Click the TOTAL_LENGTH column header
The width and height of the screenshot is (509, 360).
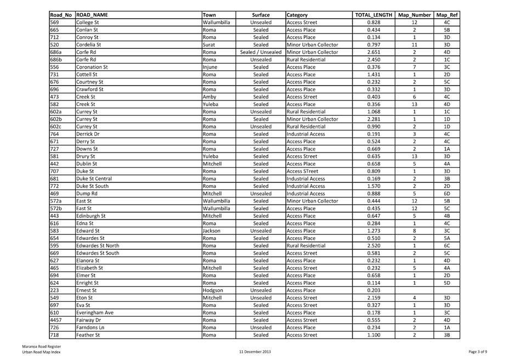pos(374,15)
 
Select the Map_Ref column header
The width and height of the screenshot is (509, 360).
pos(446,15)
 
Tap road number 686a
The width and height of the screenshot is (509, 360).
pos(55,52)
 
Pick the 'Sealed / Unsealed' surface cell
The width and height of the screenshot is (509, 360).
pos(261,52)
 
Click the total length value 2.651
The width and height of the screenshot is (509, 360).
pos(374,52)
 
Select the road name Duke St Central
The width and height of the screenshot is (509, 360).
pos(94,178)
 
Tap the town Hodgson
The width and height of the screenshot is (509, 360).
pos(213,290)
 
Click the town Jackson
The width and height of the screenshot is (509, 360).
pos(212,230)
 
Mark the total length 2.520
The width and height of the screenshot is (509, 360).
pos(374,245)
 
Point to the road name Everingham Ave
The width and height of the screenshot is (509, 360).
pos(95,312)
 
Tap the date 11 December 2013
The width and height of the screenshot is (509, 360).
pos(255,351)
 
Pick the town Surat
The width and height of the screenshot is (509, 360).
pos(210,44)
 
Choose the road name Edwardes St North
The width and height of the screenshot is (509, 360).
pos(98,245)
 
